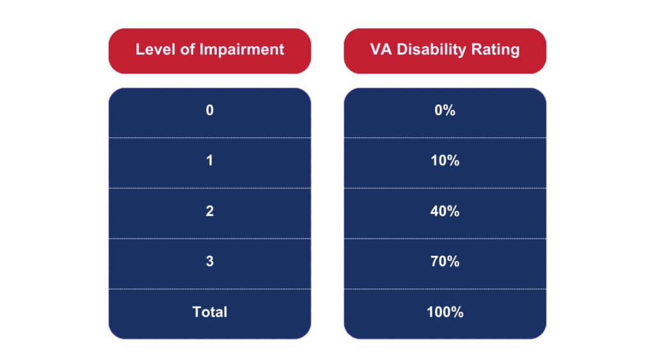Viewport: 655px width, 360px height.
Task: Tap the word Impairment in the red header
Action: click(241, 49)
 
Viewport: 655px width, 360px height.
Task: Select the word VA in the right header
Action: click(381, 49)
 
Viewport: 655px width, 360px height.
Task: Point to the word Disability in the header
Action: click(431, 50)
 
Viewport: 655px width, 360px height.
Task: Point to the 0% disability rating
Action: click(445, 110)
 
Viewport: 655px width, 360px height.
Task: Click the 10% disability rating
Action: click(445, 160)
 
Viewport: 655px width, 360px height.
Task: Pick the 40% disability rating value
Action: click(445, 211)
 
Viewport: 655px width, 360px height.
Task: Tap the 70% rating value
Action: click(445, 262)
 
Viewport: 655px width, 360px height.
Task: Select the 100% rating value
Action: click(445, 312)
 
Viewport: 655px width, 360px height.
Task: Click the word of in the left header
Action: click(187, 49)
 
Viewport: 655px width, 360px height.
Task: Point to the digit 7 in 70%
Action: click(434, 262)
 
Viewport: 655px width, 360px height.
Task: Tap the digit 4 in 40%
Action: click(434, 211)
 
